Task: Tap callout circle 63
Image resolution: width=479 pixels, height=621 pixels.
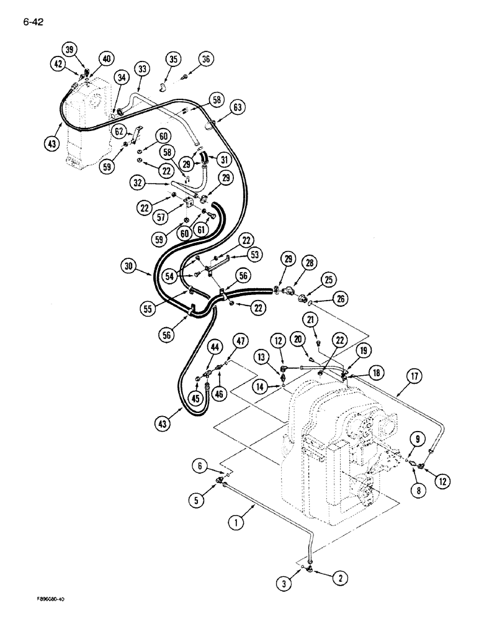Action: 237,108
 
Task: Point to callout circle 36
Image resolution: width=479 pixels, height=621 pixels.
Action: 206,60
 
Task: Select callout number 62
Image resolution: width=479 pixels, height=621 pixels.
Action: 121,132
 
